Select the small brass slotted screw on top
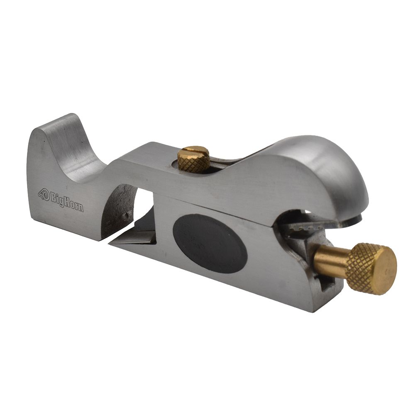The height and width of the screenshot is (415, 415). tap(194, 159)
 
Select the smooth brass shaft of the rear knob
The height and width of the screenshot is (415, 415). tap(330, 260)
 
